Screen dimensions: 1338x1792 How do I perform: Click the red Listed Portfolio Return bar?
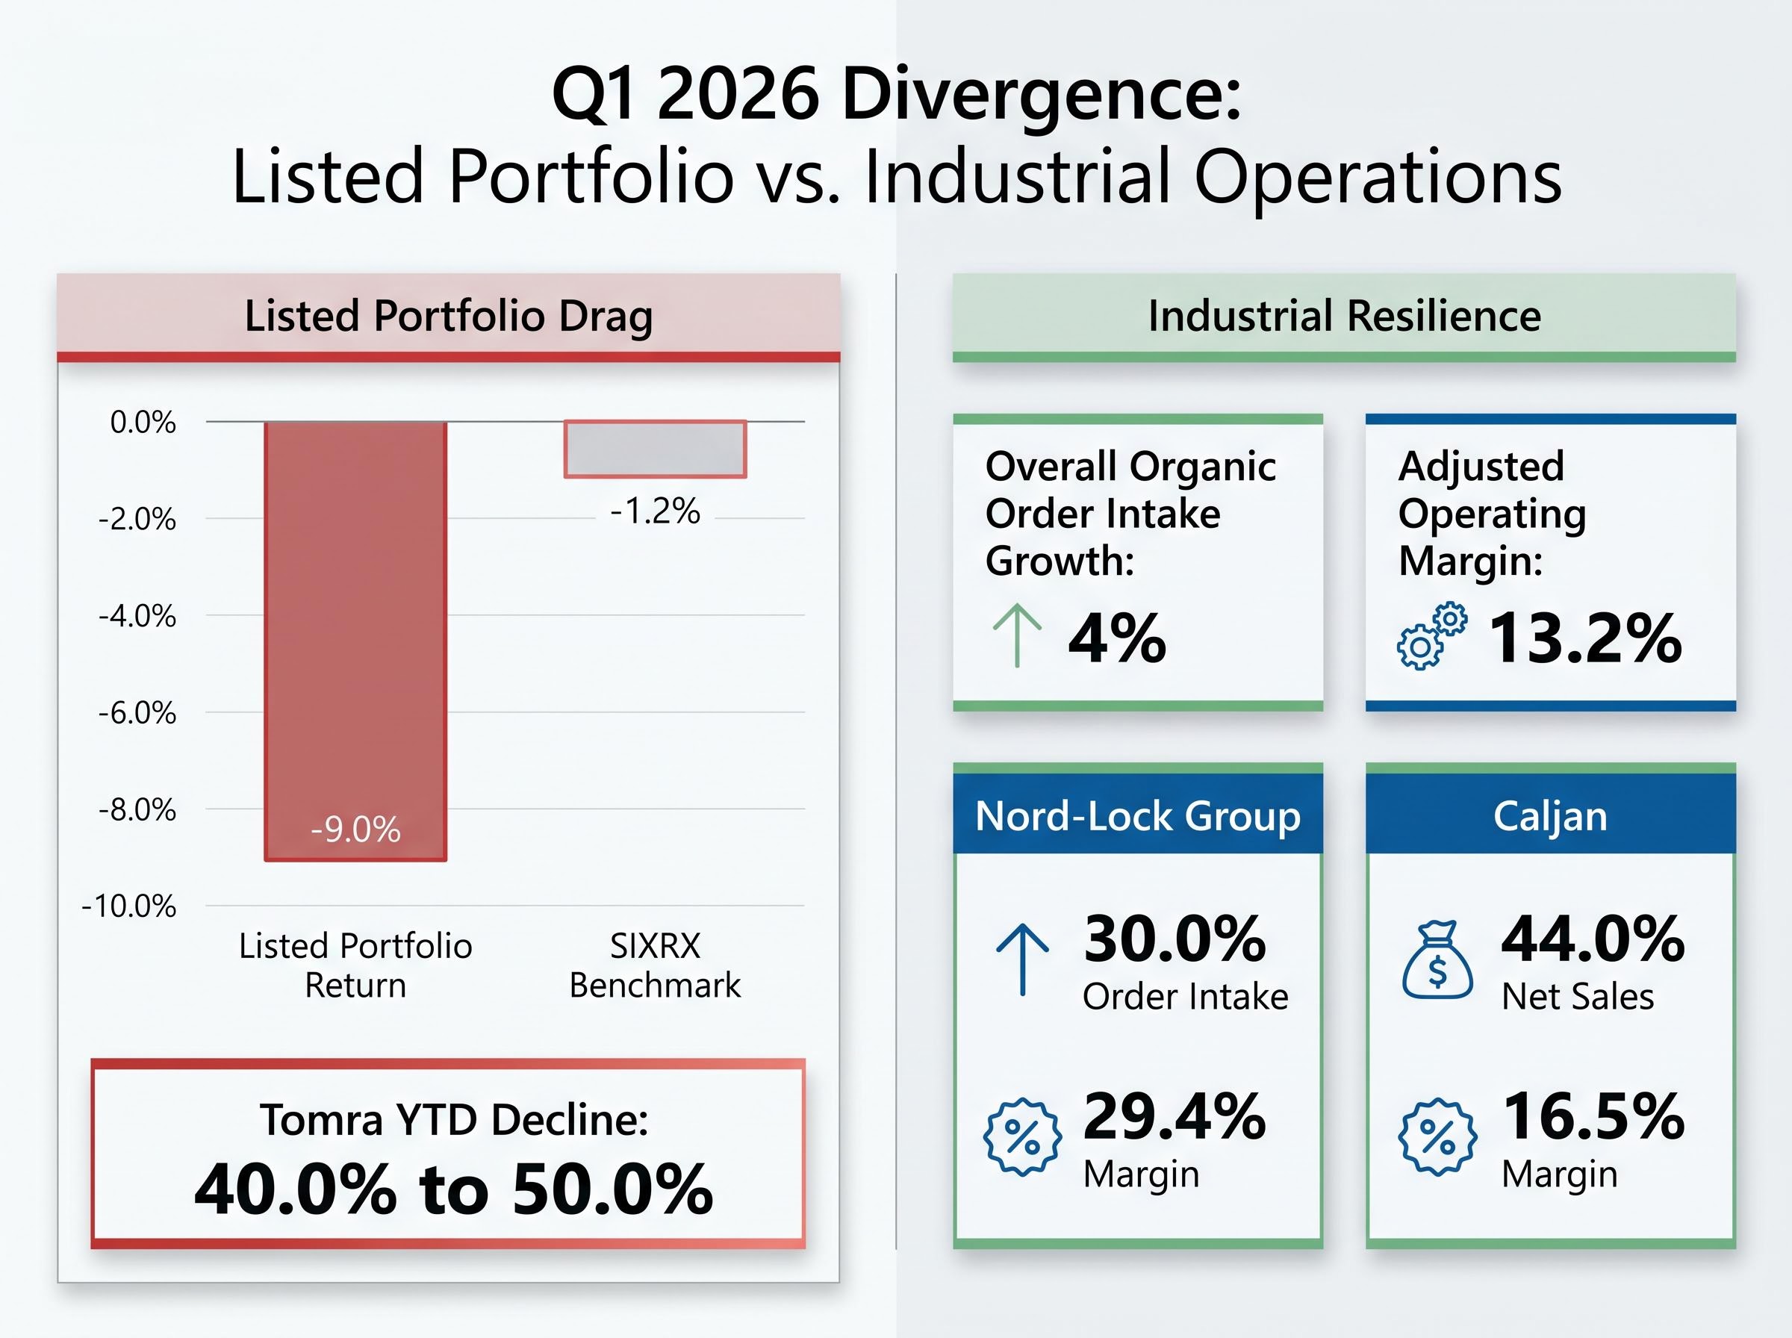355,632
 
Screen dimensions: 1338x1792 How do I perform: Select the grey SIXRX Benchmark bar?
655,449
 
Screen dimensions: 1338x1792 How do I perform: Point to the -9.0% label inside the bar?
355,830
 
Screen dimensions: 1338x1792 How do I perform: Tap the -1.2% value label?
655,511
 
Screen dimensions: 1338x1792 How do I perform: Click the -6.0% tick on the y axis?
137,713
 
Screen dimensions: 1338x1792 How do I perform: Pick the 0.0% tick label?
143,422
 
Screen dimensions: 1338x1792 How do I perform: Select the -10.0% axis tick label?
128,906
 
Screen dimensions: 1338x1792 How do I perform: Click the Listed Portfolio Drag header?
448,316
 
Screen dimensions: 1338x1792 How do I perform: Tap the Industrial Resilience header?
1343,316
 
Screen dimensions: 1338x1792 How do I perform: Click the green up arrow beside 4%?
1016,637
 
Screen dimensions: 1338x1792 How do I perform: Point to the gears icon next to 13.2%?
1431,637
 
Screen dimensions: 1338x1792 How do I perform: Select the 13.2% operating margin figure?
1584,638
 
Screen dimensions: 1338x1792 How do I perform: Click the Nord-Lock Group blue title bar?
1137,815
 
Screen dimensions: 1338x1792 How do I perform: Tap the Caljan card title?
1550,815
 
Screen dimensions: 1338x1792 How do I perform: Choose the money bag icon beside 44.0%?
1437,962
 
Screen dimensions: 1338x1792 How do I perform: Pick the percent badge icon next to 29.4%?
1022,1137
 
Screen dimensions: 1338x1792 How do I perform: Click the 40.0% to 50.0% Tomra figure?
453,1189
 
